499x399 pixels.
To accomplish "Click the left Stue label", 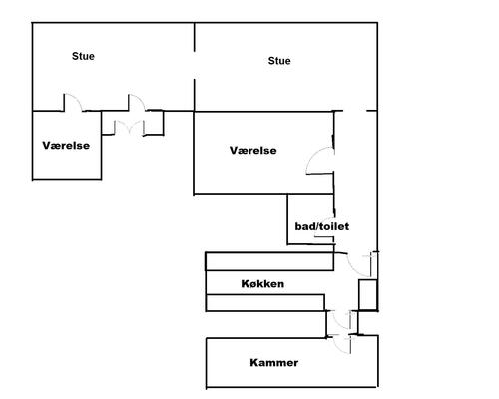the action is coord(83,56).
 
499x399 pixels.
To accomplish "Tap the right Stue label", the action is coord(279,61).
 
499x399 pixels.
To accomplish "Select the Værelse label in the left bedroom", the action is coord(66,146).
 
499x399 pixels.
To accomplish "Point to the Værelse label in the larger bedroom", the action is coord(253,151).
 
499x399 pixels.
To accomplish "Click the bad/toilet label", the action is coord(322,226).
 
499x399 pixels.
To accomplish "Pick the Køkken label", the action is coord(262,284).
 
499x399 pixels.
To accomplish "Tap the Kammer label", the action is coord(274,362).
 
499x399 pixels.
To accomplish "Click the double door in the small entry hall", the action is coord(129,126).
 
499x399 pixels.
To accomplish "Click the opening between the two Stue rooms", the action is coord(195,65).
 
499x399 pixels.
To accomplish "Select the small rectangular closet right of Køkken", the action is coord(368,295).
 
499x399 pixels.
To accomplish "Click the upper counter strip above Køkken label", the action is coord(269,261).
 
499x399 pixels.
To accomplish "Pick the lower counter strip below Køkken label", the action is coord(265,303).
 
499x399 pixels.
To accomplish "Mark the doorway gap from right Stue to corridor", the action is coord(354,111).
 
